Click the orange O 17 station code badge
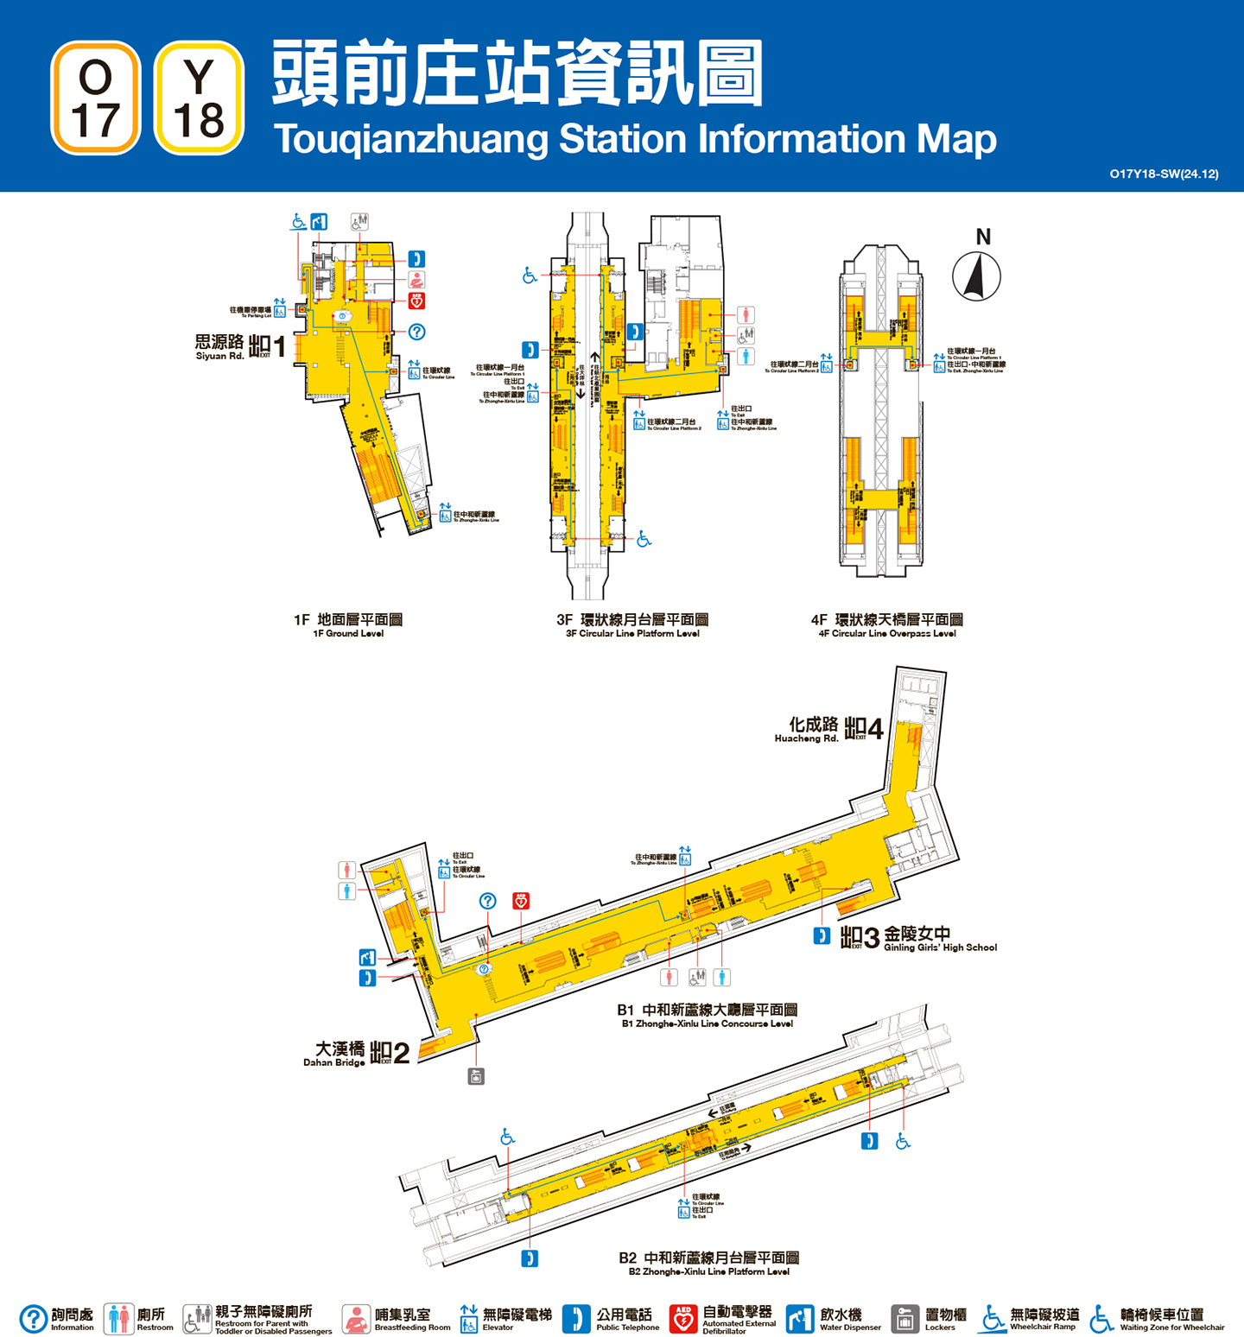pos(96,98)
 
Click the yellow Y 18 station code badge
pos(199,98)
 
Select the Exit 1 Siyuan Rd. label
pos(240,347)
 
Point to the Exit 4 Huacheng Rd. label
pos(828,729)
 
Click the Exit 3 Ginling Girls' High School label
pos(917,938)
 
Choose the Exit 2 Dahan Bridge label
pos(356,1053)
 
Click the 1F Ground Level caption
pos(348,625)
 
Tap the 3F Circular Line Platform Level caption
pos(632,625)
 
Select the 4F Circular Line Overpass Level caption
pos(887,625)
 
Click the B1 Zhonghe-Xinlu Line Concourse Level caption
pos(707,1015)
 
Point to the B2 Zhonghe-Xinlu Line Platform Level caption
pos(708,1263)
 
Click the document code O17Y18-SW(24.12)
pos(1164,174)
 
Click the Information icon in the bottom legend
pos(34,1319)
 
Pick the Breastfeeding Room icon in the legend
pos(356,1319)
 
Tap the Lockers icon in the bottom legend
pos(904,1319)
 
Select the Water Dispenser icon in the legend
pos(800,1319)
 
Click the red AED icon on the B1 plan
pos(521,901)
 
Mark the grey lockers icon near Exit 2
pos(476,1076)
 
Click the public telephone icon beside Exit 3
pos(822,935)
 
